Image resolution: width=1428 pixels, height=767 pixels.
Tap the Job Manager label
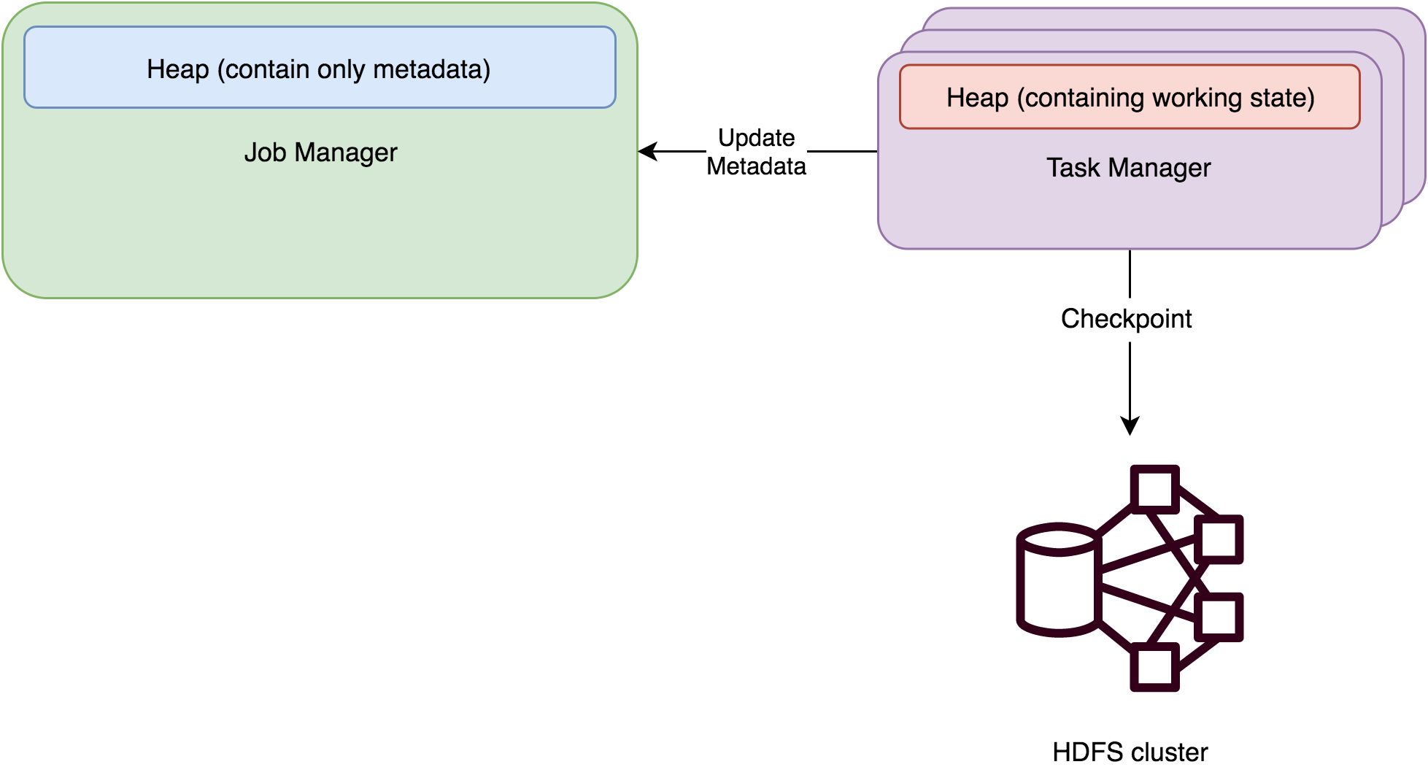coord(320,153)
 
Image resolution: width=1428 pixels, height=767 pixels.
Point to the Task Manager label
coord(1128,168)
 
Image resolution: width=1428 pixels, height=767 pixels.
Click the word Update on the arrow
coord(756,138)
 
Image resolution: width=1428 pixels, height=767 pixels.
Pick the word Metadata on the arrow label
coord(756,166)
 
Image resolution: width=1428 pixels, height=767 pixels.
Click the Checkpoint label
coord(1126,319)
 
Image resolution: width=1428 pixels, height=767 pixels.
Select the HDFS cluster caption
coord(1130,752)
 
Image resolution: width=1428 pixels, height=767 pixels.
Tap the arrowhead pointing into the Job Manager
coord(647,152)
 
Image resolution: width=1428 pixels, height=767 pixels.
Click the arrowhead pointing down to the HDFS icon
coord(1130,426)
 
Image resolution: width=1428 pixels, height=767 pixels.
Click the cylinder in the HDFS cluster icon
coord(1058,580)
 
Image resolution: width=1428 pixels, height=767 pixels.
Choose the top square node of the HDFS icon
coord(1154,489)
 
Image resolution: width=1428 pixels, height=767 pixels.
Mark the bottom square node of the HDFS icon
coord(1154,667)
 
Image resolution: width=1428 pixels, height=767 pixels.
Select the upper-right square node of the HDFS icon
coord(1218,539)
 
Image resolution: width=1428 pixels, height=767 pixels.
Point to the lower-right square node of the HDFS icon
coord(1218,617)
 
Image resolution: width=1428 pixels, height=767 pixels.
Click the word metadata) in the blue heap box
coord(431,69)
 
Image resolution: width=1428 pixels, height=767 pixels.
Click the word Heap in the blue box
coord(177,69)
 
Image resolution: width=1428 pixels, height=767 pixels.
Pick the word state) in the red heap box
coord(1284,98)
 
